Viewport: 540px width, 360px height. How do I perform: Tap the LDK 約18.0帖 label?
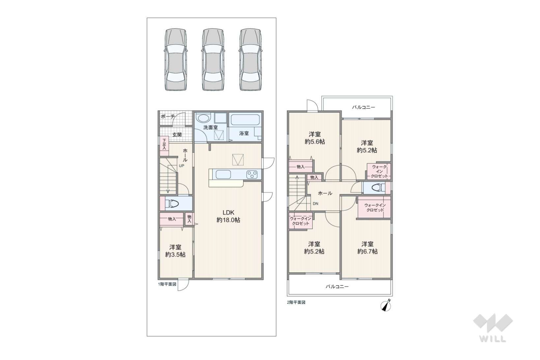228,216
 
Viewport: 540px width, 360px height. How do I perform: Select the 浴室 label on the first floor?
244,133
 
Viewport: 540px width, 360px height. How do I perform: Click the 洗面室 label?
211,127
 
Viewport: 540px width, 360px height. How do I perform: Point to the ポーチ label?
168,117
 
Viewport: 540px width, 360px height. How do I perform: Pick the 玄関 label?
177,135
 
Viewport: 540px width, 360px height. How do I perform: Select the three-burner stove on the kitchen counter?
252,175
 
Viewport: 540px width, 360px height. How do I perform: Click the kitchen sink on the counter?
223,175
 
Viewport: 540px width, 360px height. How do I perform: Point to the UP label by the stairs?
181,166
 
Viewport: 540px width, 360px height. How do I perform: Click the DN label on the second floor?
315,204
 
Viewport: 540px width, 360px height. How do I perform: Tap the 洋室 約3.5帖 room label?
175,251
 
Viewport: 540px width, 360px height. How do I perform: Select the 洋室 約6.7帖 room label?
367,248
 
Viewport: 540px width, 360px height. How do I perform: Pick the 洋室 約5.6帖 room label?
315,138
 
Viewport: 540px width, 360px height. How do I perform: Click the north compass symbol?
386,306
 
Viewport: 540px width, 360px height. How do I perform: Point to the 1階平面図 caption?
167,284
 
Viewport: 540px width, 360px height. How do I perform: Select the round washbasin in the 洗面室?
203,118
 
